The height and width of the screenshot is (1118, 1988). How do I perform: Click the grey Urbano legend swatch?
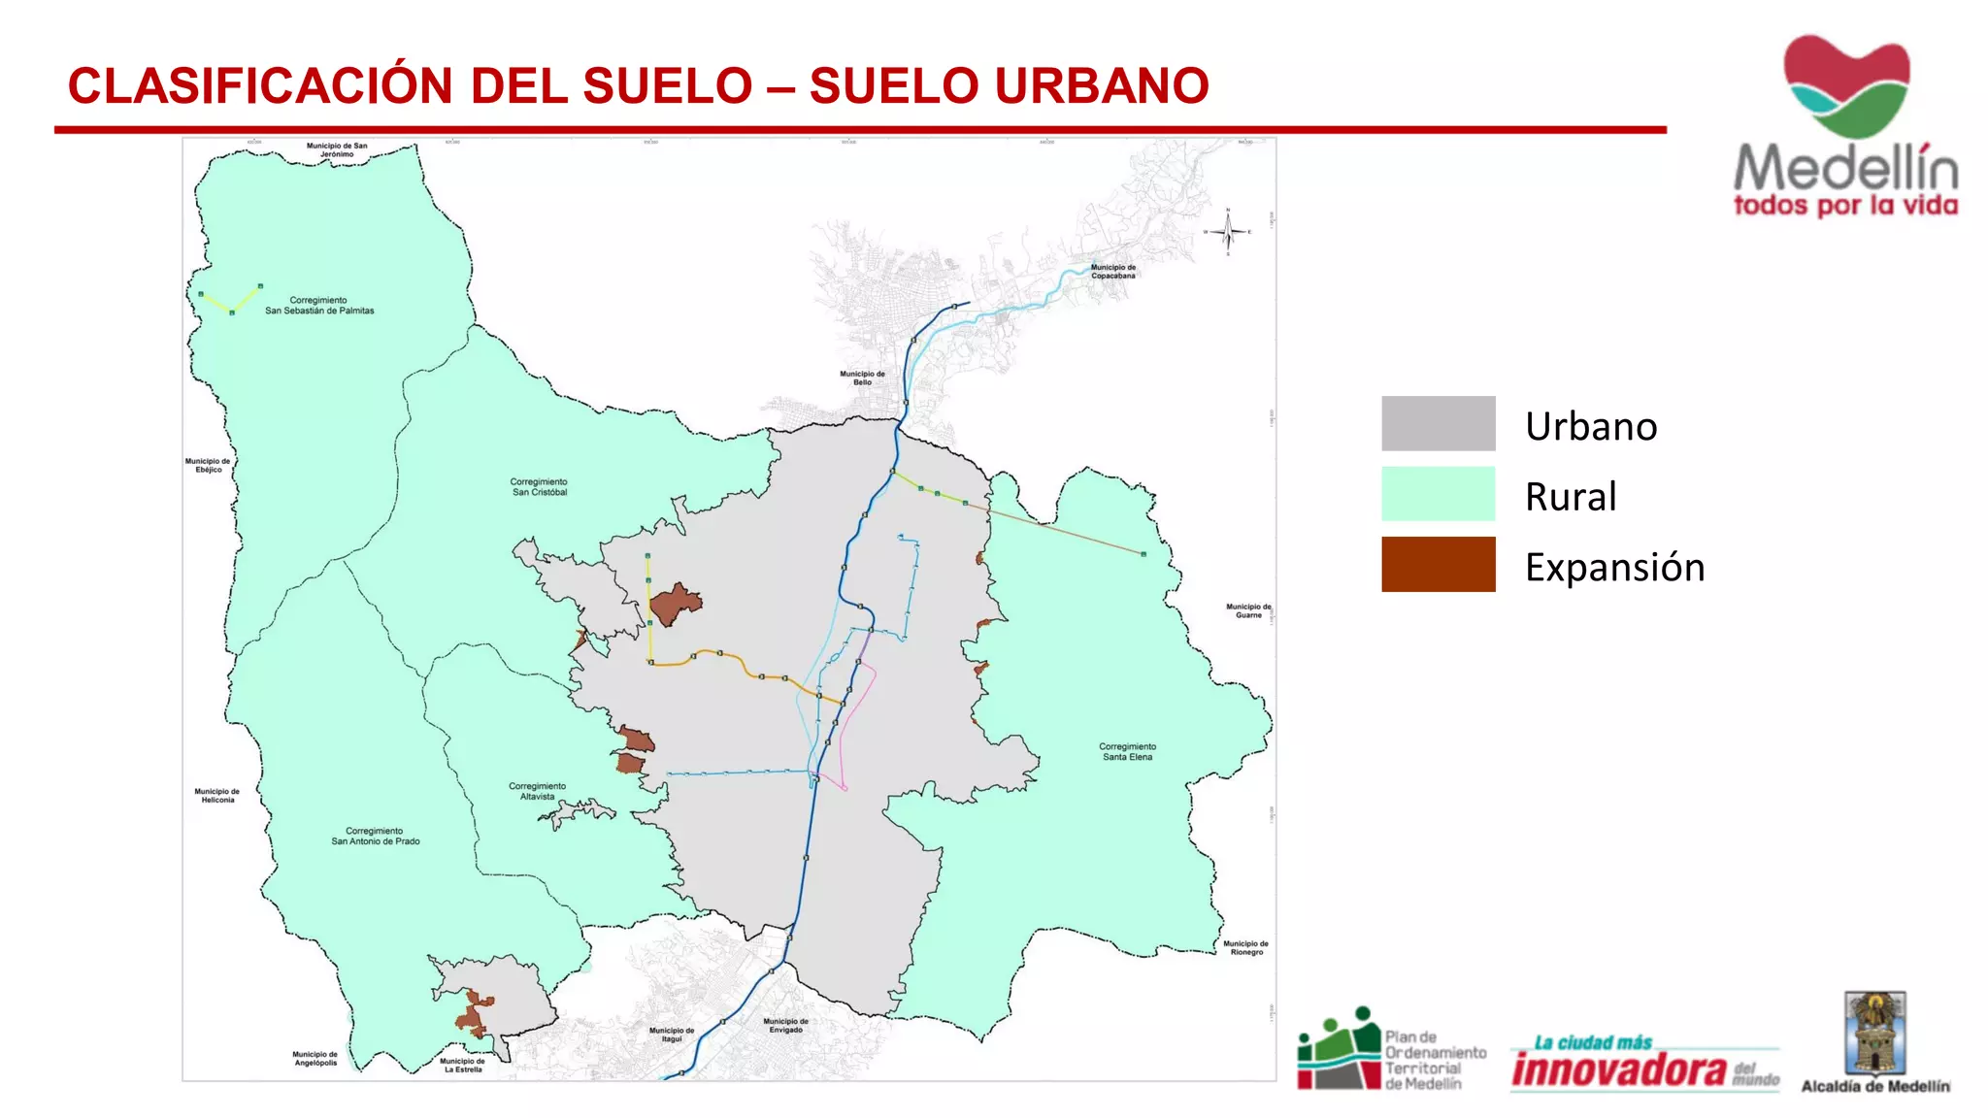[1438, 423]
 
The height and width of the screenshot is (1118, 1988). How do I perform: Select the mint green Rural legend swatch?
[1438, 494]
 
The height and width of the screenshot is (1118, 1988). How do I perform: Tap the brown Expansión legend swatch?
[1438, 564]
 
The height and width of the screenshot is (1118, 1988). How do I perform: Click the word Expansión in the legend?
[1614, 568]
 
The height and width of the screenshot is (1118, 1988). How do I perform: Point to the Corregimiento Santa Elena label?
[1127, 752]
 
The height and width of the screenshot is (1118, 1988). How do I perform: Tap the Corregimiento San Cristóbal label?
[540, 487]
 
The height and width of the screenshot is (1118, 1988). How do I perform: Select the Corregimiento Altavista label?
[537, 792]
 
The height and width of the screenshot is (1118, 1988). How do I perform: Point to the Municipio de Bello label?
[862, 378]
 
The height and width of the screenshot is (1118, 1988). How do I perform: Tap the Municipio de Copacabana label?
[1112, 272]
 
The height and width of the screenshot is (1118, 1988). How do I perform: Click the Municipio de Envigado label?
[785, 1026]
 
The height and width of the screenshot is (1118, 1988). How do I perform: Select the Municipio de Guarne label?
[1248, 610]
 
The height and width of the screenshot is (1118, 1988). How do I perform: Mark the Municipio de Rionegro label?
[1245, 948]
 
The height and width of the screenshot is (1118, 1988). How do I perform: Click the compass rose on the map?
[1228, 231]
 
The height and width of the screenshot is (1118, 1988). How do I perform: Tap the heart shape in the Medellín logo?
[1846, 85]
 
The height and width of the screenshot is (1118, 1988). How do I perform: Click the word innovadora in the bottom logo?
[1619, 1069]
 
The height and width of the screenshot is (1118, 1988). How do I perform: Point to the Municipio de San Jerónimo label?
[337, 150]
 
